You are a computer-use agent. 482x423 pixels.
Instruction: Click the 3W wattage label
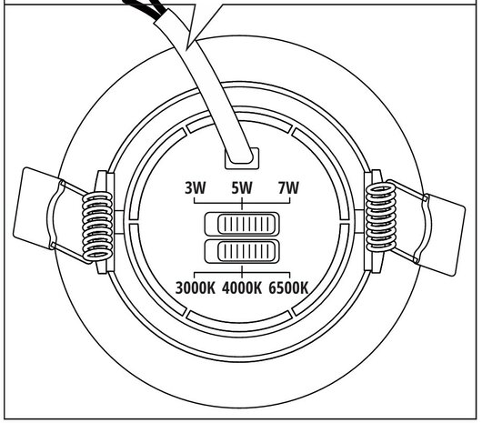196,187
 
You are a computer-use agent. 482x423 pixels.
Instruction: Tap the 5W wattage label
242,187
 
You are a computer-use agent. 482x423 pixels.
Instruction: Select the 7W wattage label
288,187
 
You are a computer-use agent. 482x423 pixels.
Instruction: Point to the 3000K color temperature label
196,288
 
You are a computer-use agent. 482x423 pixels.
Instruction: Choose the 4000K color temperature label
242,288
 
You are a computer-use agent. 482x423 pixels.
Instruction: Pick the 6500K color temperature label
288,288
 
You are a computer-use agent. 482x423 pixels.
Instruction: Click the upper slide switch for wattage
242,224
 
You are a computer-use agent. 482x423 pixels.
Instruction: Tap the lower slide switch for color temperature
242,251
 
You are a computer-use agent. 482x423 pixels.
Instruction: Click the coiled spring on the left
97,226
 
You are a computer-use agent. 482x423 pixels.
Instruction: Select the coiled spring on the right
380,217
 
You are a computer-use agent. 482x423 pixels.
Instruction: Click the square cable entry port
242,158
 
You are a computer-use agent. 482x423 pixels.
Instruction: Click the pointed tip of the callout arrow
187,49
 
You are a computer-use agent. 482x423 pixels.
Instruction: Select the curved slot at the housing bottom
239,320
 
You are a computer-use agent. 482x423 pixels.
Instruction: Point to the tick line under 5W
242,204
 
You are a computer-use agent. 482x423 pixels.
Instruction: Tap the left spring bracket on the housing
103,222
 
